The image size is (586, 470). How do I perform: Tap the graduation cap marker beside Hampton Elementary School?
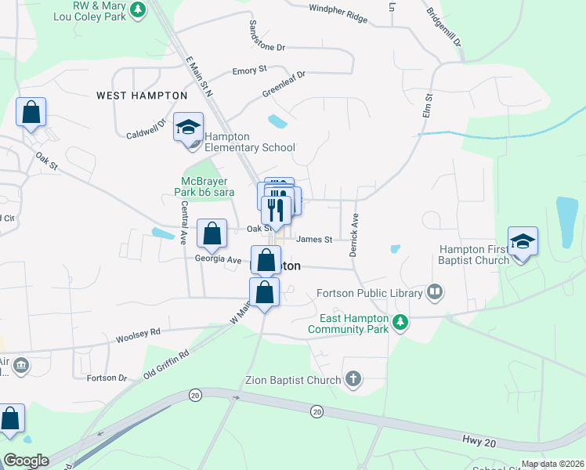188,128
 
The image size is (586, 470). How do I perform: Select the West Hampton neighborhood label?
142,96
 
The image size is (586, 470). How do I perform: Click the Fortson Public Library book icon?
435,293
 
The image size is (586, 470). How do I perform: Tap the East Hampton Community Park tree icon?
400,322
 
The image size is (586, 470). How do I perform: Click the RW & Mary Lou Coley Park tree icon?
138,10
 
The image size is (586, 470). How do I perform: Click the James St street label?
315,239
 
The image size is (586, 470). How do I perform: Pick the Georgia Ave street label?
219,259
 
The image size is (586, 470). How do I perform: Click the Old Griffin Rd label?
167,365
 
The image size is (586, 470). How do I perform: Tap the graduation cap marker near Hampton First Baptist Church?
523,242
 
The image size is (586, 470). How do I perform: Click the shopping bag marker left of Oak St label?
212,233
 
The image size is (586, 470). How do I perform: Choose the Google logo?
26,461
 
